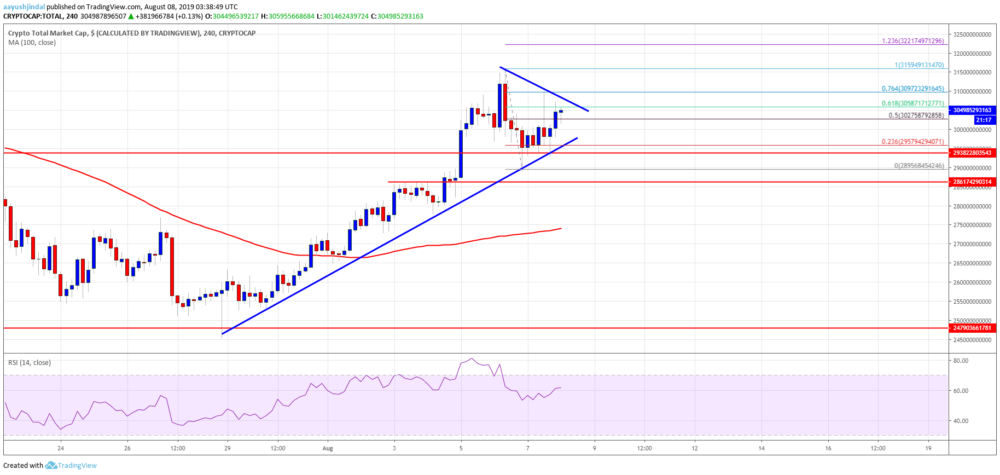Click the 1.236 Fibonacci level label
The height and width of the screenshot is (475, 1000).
click(x=912, y=41)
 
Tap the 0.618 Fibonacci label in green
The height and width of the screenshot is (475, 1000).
click(x=912, y=103)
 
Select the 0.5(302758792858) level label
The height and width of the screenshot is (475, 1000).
click(x=916, y=115)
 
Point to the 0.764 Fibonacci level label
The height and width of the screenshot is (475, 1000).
click(x=912, y=89)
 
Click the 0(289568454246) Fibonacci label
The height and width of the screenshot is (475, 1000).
click(x=918, y=165)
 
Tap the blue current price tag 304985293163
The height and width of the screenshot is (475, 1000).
click(x=972, y=110)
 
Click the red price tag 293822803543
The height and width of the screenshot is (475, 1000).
click(x=972, y=153)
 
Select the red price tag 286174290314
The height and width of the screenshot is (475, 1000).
click(x=972, y=182)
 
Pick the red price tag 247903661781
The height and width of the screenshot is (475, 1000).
click(x=972, y=328)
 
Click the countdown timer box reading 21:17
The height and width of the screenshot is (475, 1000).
click(x=983, y=120)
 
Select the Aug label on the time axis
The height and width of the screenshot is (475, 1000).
click(x=328, y=448)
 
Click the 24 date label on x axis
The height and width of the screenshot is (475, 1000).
click(x=61, y=448)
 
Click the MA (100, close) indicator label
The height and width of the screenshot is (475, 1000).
click(x=32, y=43)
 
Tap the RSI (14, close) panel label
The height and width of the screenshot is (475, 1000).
click(x=30, y=363)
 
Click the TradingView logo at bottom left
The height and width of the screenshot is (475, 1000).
click(x=71, y=465)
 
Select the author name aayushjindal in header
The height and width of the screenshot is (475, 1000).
click(x=24, y=7)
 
